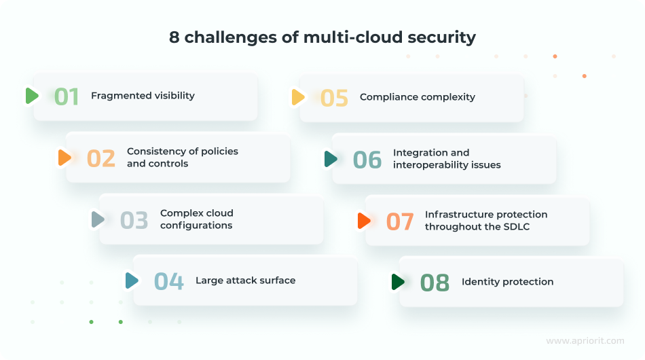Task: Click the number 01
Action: coord(67,96)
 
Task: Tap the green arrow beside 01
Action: coord(32,96)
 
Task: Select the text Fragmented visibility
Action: coord(143,96)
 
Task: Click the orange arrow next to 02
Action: coord(64,158)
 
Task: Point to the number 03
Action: coord(134,220)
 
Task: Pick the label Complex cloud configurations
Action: coord(196,219)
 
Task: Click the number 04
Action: coord(168,281)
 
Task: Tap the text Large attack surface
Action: coord(245,280)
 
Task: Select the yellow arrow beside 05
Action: coord(298,97)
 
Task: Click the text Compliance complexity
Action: coord(417,97)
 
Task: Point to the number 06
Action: coord(367,159)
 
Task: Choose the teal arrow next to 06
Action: coord(331,159)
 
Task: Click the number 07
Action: coord(400,221)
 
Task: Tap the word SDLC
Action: coord(516,227)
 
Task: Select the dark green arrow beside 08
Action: coord(398,282)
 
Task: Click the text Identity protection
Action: coord(507,282)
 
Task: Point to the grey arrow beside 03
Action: coord(98,219)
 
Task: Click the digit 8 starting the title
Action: coord(174,37)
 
